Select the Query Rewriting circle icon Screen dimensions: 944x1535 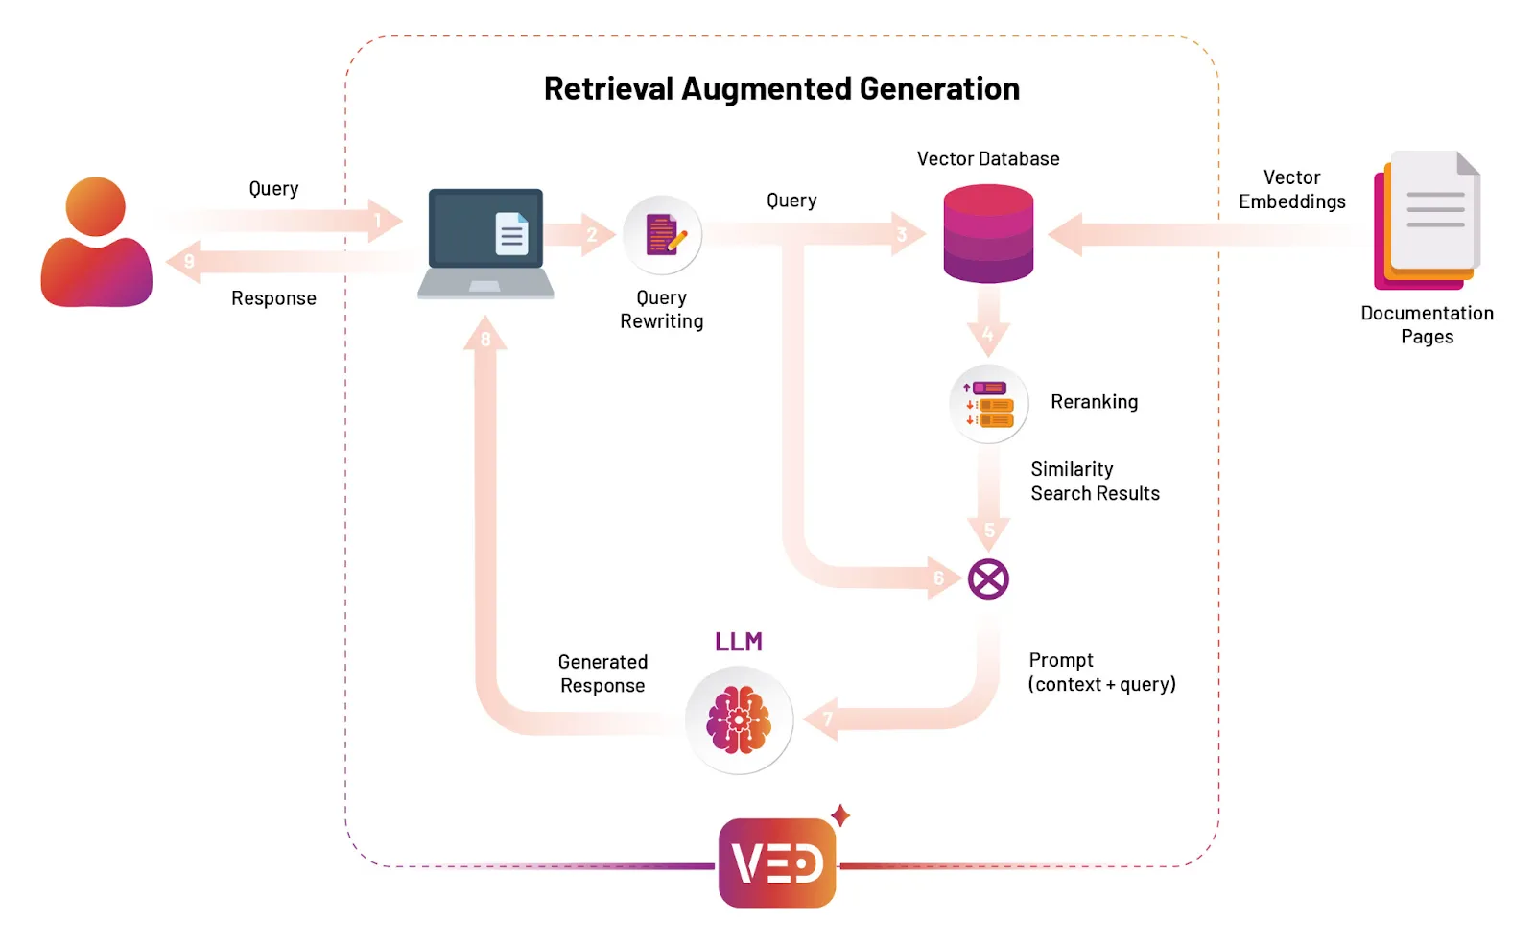tap(662, 235)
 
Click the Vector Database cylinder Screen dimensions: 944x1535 tap(988, 234)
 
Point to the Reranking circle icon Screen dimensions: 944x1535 tap(989, 404)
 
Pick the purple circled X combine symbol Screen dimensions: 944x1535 tap(988, 579)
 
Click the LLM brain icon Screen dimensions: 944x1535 tap(739, 720)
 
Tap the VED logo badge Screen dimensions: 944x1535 tap(777, 862)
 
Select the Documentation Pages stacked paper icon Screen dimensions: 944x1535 tap(1428, 222)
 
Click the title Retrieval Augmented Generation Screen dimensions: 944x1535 tap(781, 89)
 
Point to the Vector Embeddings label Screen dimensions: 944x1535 tap(1291, 190)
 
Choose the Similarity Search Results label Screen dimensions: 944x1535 tap(1095, 482)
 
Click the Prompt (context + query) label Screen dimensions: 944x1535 tap(1101, 673)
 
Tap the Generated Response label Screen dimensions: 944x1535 tap(602, 673)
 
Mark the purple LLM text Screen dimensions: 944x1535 tap(739, 642)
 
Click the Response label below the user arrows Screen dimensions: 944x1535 tap(273, 298)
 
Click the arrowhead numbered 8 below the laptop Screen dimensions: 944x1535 tap(485, 335)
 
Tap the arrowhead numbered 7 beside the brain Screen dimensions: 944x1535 tap(823, 720)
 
